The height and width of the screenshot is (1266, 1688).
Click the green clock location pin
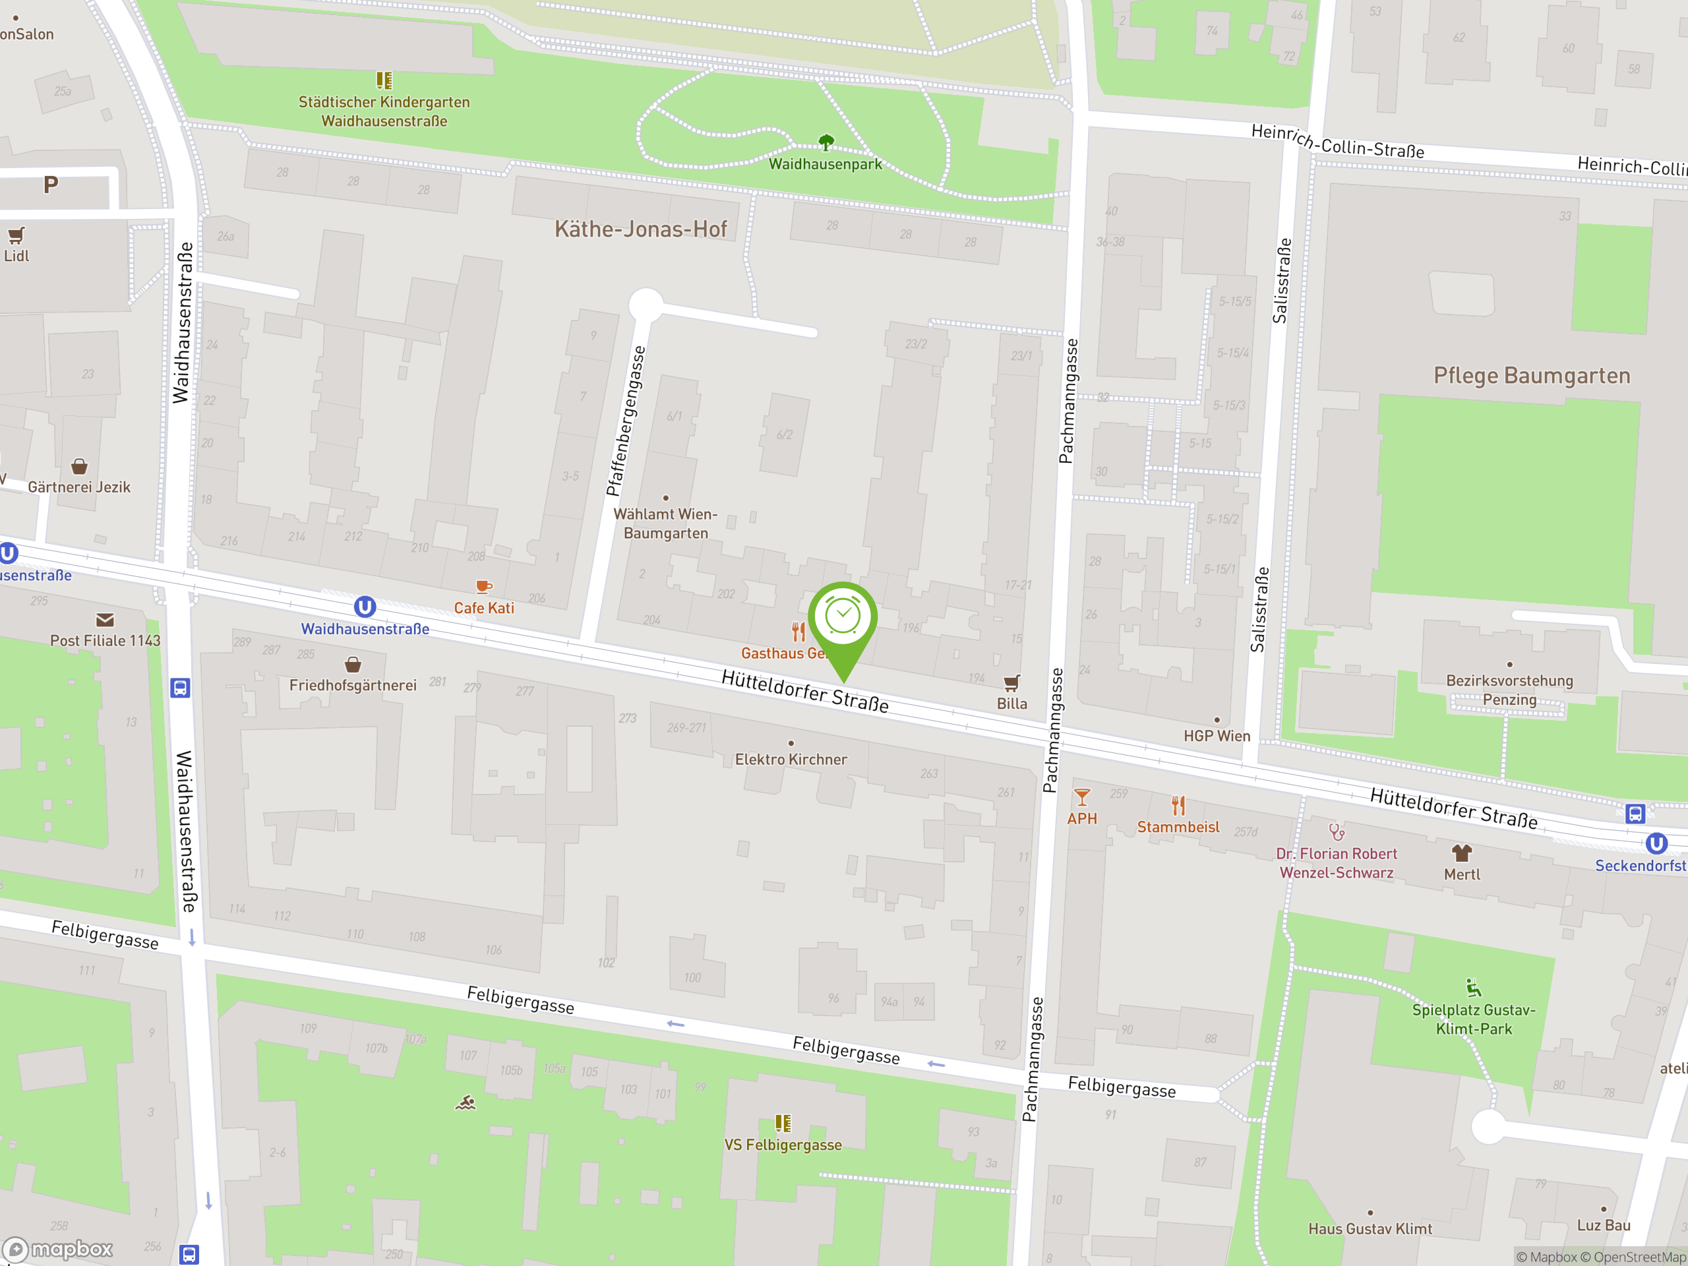coord(843,618)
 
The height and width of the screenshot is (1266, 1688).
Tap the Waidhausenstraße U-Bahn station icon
coord(365,607)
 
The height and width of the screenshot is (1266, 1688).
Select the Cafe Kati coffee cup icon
coord(484,587)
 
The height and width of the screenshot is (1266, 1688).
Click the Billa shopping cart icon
coord(1012,682)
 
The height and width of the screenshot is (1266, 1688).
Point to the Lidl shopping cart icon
coord(16,235)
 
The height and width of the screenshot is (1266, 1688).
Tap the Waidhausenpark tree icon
coord(826,142)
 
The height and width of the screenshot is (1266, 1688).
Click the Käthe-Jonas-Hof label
coord(640,229)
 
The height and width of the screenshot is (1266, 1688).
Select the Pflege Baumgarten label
coord(1532,375)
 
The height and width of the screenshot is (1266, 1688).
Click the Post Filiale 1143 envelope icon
coord(105,620)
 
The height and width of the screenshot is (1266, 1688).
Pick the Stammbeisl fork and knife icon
coord(1178,806)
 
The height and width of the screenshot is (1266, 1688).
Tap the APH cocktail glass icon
coord(1082,797)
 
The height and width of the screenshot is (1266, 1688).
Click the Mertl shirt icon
coord(1461,853)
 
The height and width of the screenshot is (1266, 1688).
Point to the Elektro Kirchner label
coord(791,760)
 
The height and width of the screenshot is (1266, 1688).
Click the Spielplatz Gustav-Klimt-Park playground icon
coord(1474,988)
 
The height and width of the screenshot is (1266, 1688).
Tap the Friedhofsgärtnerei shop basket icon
coord(353,664)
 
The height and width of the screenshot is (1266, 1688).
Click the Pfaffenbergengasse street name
coord(626,421)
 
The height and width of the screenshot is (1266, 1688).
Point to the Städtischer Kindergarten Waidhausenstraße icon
coord(384,80)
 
